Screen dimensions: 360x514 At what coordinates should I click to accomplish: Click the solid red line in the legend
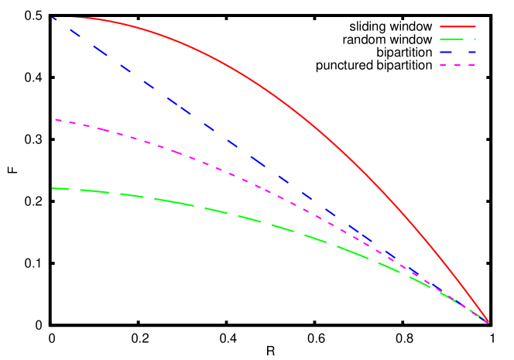pos(457,26)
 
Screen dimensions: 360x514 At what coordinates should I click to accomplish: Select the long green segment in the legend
pos(454,39)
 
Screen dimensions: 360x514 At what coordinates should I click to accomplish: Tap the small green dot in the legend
pos(475,39)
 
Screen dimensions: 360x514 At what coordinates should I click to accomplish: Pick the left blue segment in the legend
pos(448,52)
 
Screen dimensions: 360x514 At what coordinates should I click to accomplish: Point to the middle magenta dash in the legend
pos(457,65)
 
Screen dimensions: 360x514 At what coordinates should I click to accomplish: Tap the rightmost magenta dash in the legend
pos(471,65)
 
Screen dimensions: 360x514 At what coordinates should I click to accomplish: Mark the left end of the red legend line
pos(440,26)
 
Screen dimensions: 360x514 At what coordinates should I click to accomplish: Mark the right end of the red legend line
pos(475,26)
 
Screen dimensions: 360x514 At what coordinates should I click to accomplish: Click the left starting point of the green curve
pos(53,188)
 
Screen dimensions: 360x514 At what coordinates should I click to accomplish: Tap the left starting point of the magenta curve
pos(55,119)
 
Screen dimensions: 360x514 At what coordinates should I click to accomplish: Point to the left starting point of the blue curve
pos(53,17)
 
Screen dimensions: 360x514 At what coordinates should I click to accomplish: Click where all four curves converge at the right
pos(488,321)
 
